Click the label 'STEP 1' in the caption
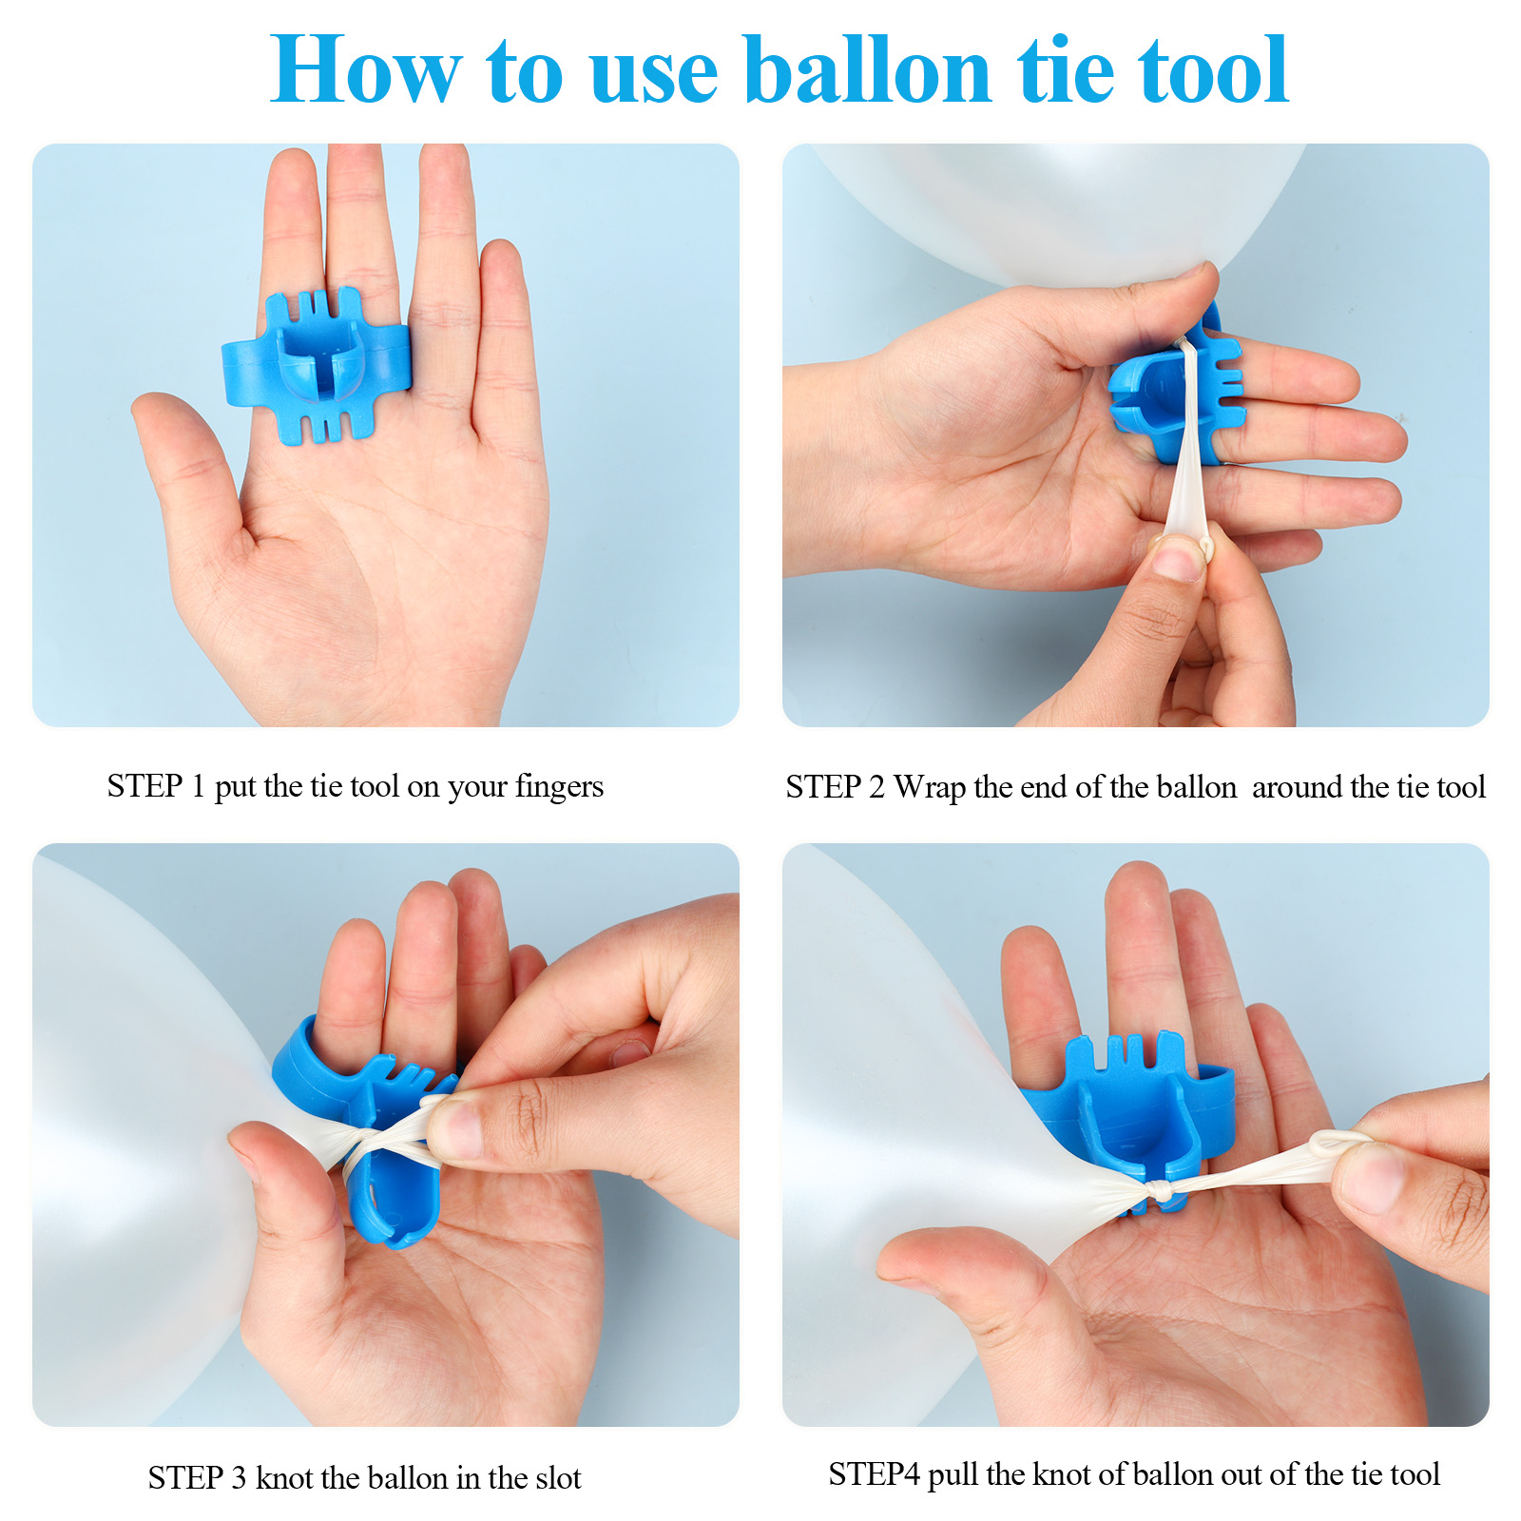155,786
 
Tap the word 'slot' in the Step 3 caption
556,1477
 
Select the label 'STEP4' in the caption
874,1474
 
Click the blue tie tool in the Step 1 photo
316,366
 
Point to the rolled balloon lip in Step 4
1338,1141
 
